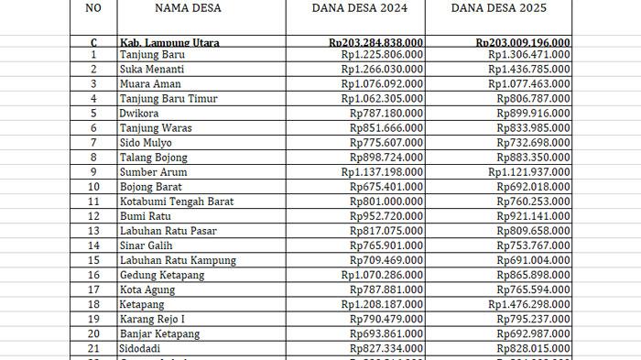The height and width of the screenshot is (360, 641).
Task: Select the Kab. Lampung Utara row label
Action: tap(169, 43)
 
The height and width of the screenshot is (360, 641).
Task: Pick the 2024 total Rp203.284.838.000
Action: tap(375, 43)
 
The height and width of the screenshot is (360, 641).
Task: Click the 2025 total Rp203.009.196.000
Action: tap(523, 43)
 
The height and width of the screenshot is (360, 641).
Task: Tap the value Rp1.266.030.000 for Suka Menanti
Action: tap(382, 70)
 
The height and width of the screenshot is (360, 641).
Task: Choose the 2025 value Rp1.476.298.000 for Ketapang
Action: tap(528, 304)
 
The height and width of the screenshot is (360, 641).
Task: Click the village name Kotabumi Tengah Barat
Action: tap(176, 202)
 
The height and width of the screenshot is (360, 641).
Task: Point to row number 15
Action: tap(92, 260)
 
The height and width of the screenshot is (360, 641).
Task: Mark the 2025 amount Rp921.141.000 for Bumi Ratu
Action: tap(533, 216)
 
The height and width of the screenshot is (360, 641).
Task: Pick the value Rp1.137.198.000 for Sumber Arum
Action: tap(382, 172)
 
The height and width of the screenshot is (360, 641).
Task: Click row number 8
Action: tap(92, 158)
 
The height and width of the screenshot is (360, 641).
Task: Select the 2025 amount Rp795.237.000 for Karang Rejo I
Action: tap(533, 319)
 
